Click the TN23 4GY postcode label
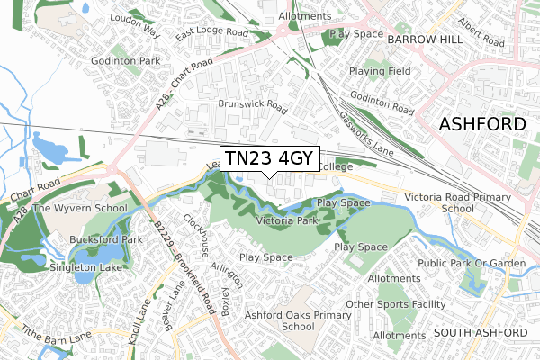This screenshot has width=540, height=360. (x=269, y=158)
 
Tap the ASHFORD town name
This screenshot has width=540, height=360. (x=481, y=125)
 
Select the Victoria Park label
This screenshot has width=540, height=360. (x=287, y=220)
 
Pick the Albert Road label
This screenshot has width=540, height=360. (x=481, y=31)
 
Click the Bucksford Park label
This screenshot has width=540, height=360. (x=107, y=240)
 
